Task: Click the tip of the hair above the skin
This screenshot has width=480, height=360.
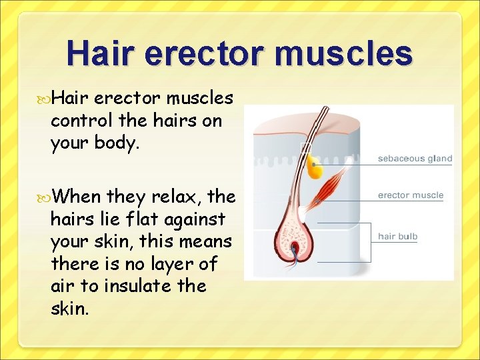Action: pos(325,108)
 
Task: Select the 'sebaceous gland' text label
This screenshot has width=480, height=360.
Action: pos(415,159)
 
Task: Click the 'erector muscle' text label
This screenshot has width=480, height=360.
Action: pos(410,195)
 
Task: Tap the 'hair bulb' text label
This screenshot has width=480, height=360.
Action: pos(397,236)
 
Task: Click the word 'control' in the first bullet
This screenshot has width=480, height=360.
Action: pos(77,122)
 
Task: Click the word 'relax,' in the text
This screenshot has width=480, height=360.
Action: pos(177,197)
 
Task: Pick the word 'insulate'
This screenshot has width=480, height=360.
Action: pos(124,287)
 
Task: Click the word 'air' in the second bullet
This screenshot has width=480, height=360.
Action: pos(62,287)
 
